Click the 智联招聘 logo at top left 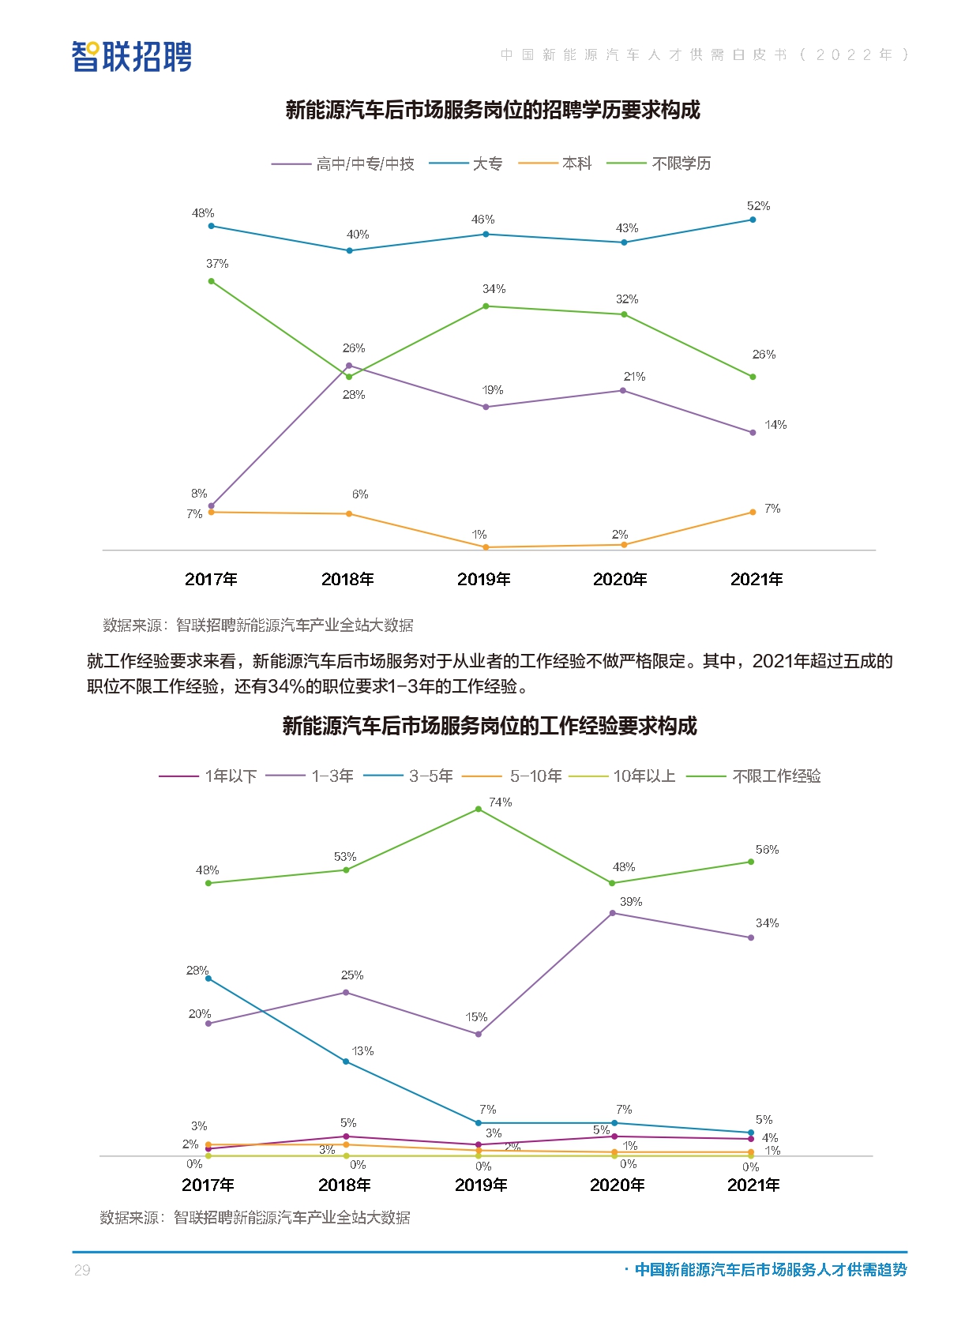132,57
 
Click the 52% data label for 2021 758,206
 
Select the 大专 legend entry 487,163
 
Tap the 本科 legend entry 576,163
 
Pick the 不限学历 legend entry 681,163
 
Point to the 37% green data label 217,264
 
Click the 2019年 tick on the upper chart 484,579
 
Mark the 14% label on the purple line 775,425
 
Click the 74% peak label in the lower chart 500,802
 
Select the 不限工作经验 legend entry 776,776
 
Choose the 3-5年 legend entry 430,776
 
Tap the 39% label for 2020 631,902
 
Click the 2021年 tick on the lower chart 753,1185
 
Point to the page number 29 82,1270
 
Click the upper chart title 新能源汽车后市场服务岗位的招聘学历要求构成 493,110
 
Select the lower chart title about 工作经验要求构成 490,726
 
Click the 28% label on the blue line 197,971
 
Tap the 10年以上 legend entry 644,776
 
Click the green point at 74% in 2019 479,810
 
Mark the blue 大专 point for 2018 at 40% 350,251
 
